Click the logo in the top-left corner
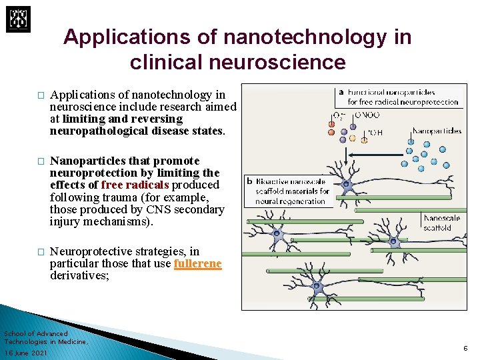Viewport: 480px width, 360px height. [x=18, y=18]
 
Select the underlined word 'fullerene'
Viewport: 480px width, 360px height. [x=197, y=264]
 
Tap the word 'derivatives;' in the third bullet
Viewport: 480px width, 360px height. [x=78, y=276]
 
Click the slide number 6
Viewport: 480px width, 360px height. [x=464, y=348]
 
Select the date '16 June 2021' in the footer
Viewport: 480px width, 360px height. [x=25, y=353]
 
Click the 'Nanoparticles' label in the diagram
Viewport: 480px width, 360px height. [x=437, y=131]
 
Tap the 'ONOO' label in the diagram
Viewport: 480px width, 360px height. [x=367, y=115]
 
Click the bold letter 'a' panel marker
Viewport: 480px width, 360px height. [x=341, y=92]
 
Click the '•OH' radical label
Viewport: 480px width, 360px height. [x=375, y=131]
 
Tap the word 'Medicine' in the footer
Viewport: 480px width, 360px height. [x=73, y=341]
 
